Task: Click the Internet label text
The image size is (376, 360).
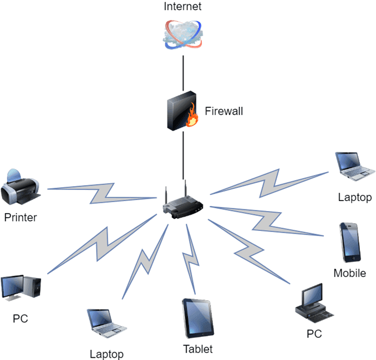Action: pos(182,6)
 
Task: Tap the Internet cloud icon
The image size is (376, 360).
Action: pos(182,34)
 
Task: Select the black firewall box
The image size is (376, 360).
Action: pos(181,111)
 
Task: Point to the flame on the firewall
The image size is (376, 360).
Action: pos(192,115)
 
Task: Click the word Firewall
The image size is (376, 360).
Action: pos(223,111)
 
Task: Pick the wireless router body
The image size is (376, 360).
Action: pos(183,207)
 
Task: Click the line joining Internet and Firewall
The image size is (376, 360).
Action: pos(183,73)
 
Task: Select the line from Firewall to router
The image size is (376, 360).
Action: pos(184,155)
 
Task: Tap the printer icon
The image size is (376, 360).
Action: pos(21,187)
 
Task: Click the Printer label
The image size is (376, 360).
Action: pos(21,218)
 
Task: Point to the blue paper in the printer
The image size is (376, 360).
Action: pos(14,176)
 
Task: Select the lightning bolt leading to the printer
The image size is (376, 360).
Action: pos(103,193)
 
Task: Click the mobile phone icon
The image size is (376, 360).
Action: pos(350,243)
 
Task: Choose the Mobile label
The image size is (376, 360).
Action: pos(350,273)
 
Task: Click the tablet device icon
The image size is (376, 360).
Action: pos(198,318)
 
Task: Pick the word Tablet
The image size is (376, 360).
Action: pos(198,349)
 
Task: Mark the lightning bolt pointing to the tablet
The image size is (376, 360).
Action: pos(191,259)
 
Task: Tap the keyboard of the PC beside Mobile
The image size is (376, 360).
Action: pos(321,317)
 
